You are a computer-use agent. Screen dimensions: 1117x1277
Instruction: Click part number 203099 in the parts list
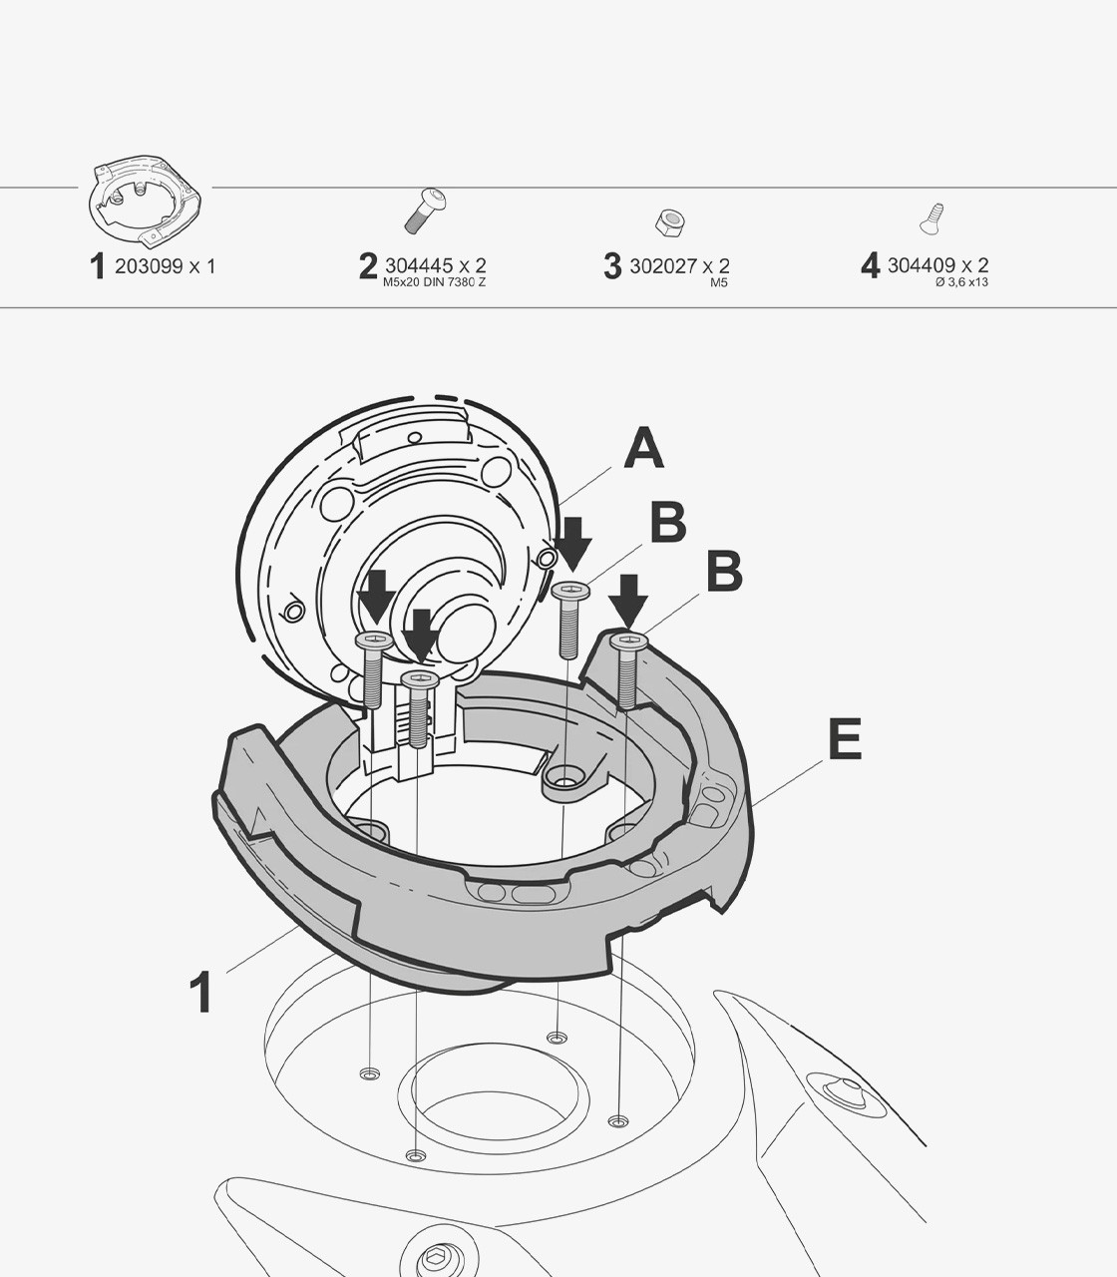(149, 266)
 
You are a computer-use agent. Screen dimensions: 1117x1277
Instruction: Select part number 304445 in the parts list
(418, 265)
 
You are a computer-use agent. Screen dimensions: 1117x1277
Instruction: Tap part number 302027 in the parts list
(662, 266)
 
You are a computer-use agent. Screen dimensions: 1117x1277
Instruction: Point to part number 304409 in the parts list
(922, 265)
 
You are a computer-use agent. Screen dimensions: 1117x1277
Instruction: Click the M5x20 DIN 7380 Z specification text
(434, 282)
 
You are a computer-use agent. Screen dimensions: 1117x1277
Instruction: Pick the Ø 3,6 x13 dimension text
(961, 282)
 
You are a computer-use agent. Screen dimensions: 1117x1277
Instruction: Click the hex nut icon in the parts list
(670, 222)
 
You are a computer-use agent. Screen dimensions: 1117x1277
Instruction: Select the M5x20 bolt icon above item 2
(426, 211)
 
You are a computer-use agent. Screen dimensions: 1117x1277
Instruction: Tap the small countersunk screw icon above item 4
(931, 218)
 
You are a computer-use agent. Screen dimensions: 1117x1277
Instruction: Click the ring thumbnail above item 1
(145, 201)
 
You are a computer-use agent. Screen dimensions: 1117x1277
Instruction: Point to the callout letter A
(643, 448)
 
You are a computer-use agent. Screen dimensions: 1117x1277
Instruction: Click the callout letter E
(845, 739)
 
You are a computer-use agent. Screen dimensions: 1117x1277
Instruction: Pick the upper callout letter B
(667, 522)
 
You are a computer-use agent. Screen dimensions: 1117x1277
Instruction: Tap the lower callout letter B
(724, 570)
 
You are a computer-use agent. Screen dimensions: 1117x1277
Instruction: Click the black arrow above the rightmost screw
(628, 601)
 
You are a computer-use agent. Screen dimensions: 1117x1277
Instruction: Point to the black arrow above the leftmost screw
(376, 596)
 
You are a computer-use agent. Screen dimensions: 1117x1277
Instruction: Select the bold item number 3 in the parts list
(612, 266)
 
